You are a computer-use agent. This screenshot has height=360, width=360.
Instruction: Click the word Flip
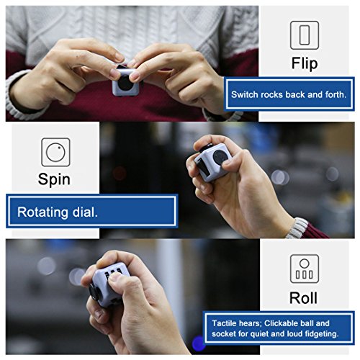click(x=305, y=63)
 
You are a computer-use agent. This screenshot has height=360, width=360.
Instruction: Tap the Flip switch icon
click(x=305, y=35)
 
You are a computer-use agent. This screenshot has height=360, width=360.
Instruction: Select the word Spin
click(x=54, y=179)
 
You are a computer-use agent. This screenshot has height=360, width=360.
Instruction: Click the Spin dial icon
click(x=55, y=152)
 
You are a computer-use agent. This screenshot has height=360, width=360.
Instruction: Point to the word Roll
click(x=303, y=298)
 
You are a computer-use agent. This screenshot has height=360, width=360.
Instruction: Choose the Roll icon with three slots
click(x=305, y=269)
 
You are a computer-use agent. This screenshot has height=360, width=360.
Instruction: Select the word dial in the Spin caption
click(x=85, y=212)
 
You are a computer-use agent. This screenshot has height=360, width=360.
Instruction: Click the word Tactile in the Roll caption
click(x=224, y=323)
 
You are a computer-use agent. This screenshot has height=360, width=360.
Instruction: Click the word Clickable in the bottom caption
click(x=280, y=323)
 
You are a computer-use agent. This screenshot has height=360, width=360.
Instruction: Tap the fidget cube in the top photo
click(x=125, y=81)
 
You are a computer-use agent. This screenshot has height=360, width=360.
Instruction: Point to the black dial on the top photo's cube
click(x=125, y=83)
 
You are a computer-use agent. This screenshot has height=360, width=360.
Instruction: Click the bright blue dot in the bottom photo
click(x=199, y=343)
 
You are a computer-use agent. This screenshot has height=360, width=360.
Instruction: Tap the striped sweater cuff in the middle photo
click(x=297, y=228)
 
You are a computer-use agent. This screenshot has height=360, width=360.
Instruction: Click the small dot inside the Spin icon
click(x=59, y=148)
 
